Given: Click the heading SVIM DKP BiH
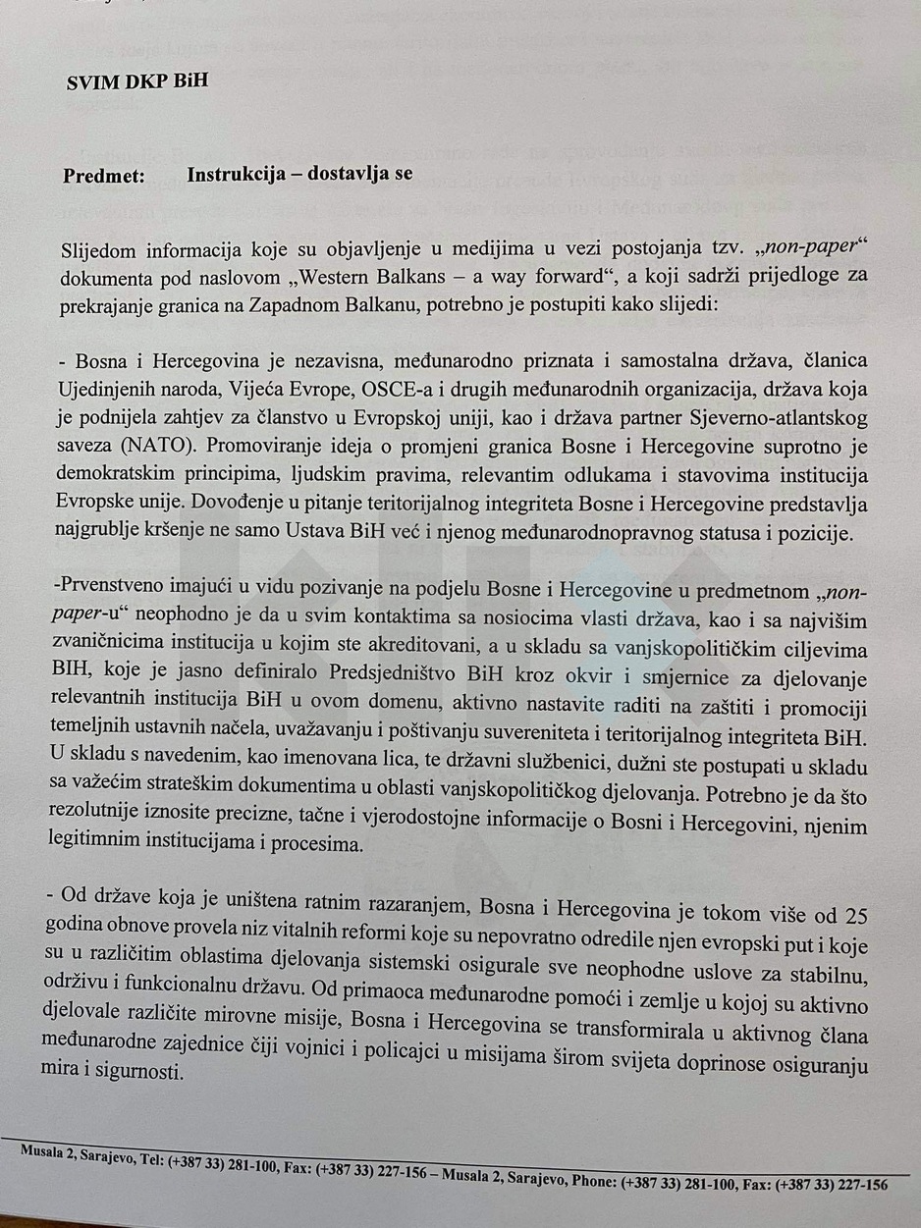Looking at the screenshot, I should click(x=136, y=81).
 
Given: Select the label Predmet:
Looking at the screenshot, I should click(x=104, y=176).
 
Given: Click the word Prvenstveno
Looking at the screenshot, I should click(x=112, y=592).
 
